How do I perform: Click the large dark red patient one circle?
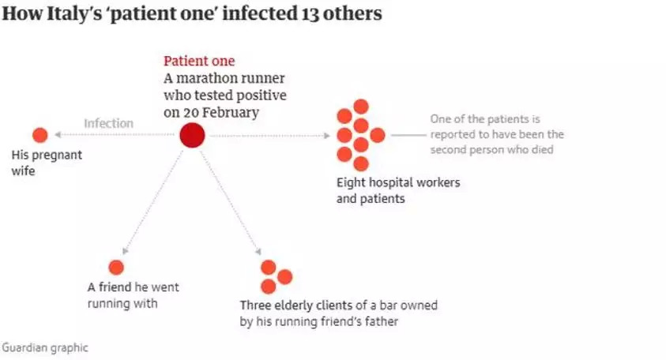(192, 136)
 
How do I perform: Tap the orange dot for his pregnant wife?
(40, 135)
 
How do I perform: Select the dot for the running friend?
(116, 268)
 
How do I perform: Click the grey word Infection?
(108, 123)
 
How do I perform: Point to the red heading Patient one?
(199, 61)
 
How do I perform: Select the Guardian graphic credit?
(45, 347)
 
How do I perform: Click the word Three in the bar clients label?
(257, 305)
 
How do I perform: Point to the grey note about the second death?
(497, 134)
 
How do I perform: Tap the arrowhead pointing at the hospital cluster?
(325, 136)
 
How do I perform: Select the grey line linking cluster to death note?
(408, 135)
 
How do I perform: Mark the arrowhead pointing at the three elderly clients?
(258, 251)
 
